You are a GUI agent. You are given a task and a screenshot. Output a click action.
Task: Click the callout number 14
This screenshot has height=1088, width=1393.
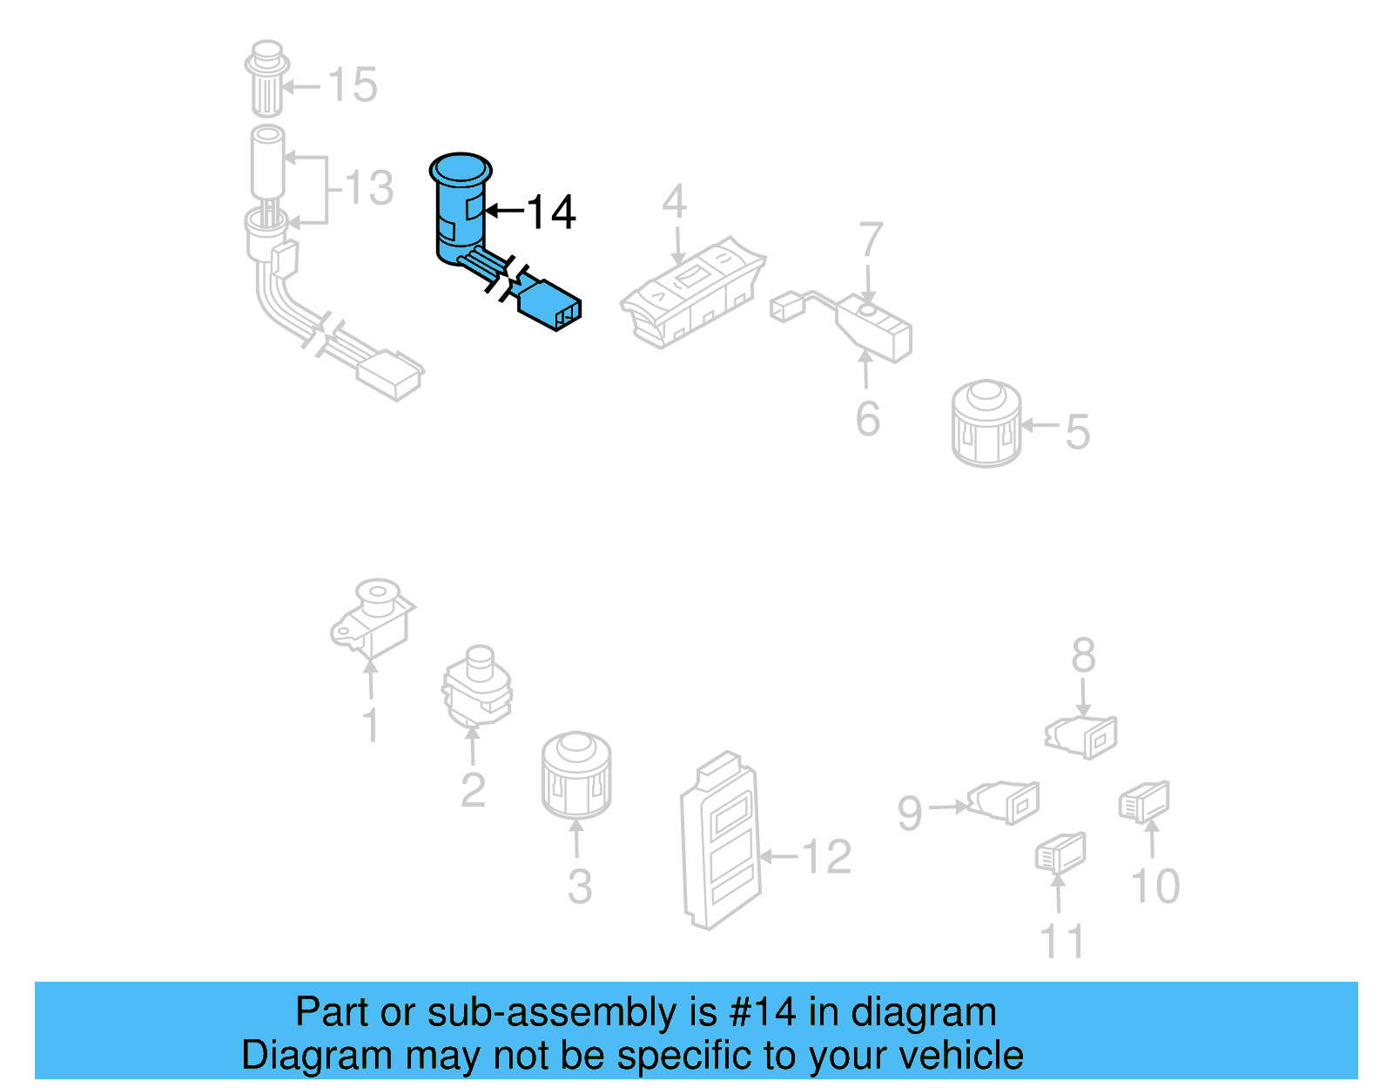pos(551,212)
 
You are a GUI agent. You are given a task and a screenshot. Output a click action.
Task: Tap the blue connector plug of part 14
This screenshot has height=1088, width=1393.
pos(549,304)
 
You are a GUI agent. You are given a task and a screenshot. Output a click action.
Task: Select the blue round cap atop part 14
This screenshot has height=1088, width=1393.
pos(461,169)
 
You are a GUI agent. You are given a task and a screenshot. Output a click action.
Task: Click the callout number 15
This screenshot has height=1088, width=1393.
pos(353,85)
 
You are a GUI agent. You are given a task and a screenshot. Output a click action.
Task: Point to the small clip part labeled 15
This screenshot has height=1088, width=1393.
pos(266,78)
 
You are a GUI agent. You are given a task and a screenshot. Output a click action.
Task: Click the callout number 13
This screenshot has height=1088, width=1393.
pos(369,188)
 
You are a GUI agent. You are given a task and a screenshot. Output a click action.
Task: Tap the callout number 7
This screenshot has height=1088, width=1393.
pos(871,239)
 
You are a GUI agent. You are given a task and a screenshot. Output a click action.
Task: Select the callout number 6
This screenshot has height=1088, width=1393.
pos(867,419)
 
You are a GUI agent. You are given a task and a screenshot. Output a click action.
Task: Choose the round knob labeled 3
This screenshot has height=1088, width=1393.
pos(575,775)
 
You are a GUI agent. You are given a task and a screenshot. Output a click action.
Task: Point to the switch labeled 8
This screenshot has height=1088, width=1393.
pos(1082,734)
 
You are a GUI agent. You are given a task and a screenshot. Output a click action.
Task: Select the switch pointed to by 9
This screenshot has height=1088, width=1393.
pos(1005,801)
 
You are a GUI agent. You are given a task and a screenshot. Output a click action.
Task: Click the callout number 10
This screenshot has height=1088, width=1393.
pos(1154,886)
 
